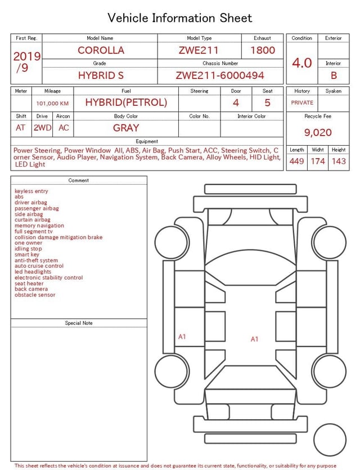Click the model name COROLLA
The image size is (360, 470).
[x=101, y=50]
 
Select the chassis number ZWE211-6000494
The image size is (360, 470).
[x=220, y=75]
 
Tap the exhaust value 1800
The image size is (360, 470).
[x=263, y=50]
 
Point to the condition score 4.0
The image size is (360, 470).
[x=302, y=63]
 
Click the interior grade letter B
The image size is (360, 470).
[x=334, y=75]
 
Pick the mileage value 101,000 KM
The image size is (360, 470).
[x=52, y=104]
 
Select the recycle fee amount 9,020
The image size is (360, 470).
[x=318, y=132]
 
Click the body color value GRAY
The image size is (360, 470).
[x=126, y=128]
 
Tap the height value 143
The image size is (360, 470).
[x=339, y=161]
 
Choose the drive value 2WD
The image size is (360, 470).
[x=42, y=128]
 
